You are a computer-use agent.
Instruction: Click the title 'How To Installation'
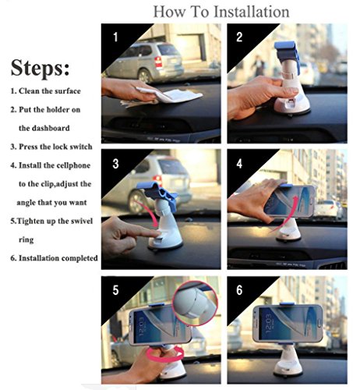(221, 12)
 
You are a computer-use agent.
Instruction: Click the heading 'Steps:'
(40, 68)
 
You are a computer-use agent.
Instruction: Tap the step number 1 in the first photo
(115, 37)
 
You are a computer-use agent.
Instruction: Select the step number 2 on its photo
(239, 37)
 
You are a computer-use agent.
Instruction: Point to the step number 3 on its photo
(115, 164)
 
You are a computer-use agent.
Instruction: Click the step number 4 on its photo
(239, 164)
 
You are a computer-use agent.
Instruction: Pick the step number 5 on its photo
(115, 290)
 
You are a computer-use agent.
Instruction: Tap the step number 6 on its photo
(239, 290)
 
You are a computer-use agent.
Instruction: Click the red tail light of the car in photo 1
(158, 62)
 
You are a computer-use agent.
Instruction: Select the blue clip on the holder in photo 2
(287, 54)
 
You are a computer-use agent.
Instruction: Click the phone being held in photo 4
(290, 200)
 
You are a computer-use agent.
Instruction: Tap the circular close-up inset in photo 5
(196, 303)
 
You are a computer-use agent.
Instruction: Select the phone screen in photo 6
(288, 324)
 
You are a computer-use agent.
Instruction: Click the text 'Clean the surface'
(50, 91)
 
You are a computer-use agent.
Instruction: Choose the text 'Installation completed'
(58, 258)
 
